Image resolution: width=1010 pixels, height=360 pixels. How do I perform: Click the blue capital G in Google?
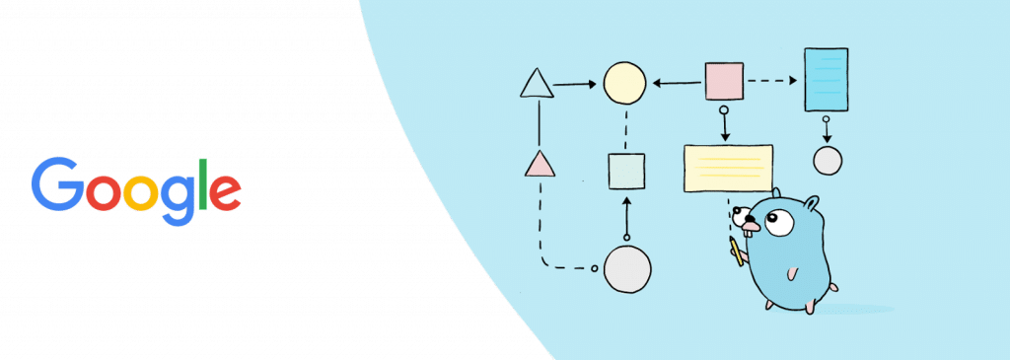(x=56, y=184)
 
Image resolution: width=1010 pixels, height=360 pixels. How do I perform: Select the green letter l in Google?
(x=203, y=183)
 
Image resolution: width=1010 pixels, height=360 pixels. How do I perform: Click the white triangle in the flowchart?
(x=537, y=85)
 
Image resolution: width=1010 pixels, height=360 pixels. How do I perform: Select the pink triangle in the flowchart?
(x=540, y=164)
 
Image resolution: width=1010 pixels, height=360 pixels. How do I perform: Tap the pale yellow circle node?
(x=624, y=83)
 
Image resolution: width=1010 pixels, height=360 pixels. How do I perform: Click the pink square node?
(x=724, y=81)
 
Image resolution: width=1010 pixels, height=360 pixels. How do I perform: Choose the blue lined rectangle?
(x=826, y=79)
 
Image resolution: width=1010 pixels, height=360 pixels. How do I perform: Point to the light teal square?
(x=626, y=171)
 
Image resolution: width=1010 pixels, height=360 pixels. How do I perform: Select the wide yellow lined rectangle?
(x=728, y=168)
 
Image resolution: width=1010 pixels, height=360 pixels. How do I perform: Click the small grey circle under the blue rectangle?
(x=827, y=160)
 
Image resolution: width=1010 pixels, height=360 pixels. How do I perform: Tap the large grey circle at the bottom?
(x=627, y=268)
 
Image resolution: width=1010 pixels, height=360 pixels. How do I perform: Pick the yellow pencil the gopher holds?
(x=736, y=251)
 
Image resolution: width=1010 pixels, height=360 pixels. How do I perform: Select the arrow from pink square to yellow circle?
(x=677, y=83)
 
